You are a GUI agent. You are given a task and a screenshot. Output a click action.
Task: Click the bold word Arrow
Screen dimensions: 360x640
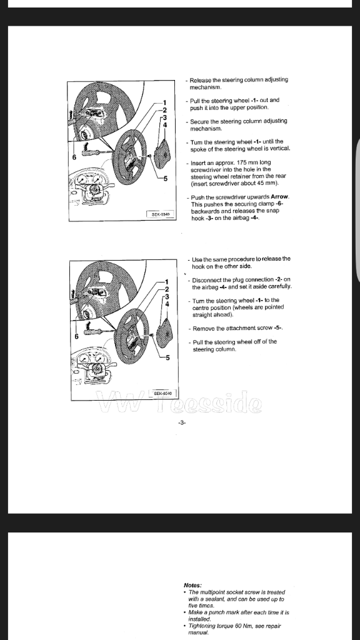point(279,197)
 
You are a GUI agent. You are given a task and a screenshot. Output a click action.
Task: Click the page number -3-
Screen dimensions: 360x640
point(182,422)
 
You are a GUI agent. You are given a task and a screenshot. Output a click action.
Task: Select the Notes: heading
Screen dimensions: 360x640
point(192,585)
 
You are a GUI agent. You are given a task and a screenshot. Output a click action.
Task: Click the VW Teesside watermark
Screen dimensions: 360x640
point(179,402)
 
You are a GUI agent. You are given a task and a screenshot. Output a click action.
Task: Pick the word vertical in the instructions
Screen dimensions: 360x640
point(279,149)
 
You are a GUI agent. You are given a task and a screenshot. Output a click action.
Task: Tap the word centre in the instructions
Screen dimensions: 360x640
point(201,307)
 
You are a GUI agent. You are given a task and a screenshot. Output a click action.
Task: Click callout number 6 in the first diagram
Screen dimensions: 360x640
point(74,157)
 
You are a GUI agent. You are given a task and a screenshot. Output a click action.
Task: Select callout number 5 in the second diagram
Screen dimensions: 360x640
point(167,358)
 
